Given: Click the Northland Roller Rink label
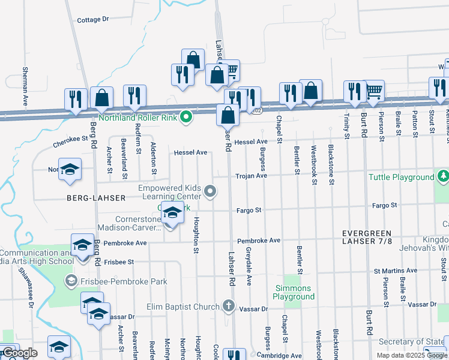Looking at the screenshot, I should (x=138, y=118).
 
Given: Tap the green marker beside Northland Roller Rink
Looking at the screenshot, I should (x=186, y=117).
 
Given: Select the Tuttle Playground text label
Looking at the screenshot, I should (x=401, y=177).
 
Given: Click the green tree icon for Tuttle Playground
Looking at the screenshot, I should (x=443, y=176).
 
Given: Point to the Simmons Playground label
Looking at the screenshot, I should (x=294, y=293).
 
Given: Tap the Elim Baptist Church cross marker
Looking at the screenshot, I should (x=228, y=307).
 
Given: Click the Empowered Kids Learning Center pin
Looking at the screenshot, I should (x=210, y=192).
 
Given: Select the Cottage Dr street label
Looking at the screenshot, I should (x=93, y=20).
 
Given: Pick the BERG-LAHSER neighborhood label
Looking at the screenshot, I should (x=100, y=197).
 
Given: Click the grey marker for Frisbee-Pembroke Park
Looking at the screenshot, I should (x=71, y=280).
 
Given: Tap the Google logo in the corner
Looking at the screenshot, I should (x=19, y=353).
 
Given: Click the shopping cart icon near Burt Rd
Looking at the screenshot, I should (x=374, y=90).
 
